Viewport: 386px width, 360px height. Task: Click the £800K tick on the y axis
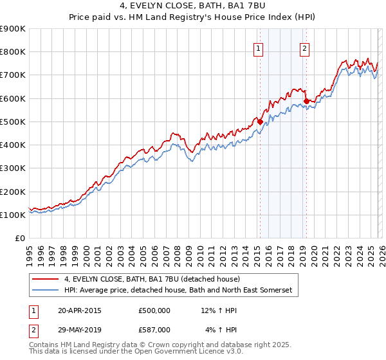(x=13, y=52)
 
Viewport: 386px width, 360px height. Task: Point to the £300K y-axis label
(x=13, y=168)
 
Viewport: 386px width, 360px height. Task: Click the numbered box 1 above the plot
(x=259, y=48)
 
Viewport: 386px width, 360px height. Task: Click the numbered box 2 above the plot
(x=304, y=48)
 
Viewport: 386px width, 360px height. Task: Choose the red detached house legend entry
(x=152, y=279)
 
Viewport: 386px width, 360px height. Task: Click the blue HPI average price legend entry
(x=178, y=291)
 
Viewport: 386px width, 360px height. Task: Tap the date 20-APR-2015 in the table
(x=79, y=310)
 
